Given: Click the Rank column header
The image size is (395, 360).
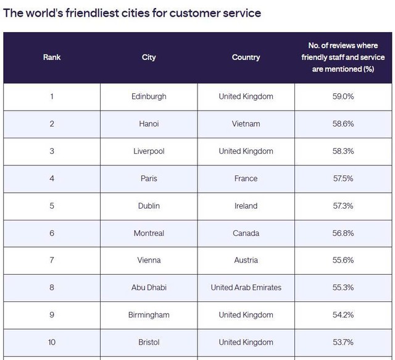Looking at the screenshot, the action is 52,57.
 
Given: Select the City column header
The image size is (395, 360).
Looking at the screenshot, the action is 149,57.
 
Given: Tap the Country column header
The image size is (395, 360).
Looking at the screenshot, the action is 246,57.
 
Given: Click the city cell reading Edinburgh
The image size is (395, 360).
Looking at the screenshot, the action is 149,96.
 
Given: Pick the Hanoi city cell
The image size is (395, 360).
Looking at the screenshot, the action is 149,123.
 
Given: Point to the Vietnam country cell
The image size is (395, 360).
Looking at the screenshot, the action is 246,123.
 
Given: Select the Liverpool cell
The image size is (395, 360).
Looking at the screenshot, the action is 149,151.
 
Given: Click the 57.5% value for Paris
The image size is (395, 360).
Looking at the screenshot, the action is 343,178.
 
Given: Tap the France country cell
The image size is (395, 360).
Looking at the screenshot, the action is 246,178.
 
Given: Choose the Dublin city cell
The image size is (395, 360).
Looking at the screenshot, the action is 149,206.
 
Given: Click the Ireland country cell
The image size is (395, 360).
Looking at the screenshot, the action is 246,206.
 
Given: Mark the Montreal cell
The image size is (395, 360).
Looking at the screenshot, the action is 149,233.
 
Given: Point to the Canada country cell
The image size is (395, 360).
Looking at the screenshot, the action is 246,233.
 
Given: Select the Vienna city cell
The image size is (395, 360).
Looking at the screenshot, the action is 149,260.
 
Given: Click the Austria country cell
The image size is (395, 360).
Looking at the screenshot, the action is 246,260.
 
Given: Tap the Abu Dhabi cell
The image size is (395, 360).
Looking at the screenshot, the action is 149,287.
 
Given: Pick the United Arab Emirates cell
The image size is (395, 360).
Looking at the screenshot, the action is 246,287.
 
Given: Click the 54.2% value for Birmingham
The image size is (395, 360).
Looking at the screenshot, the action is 343,315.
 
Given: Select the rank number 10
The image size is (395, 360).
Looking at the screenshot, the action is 52,342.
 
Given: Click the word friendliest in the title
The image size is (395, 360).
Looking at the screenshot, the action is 92,13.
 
